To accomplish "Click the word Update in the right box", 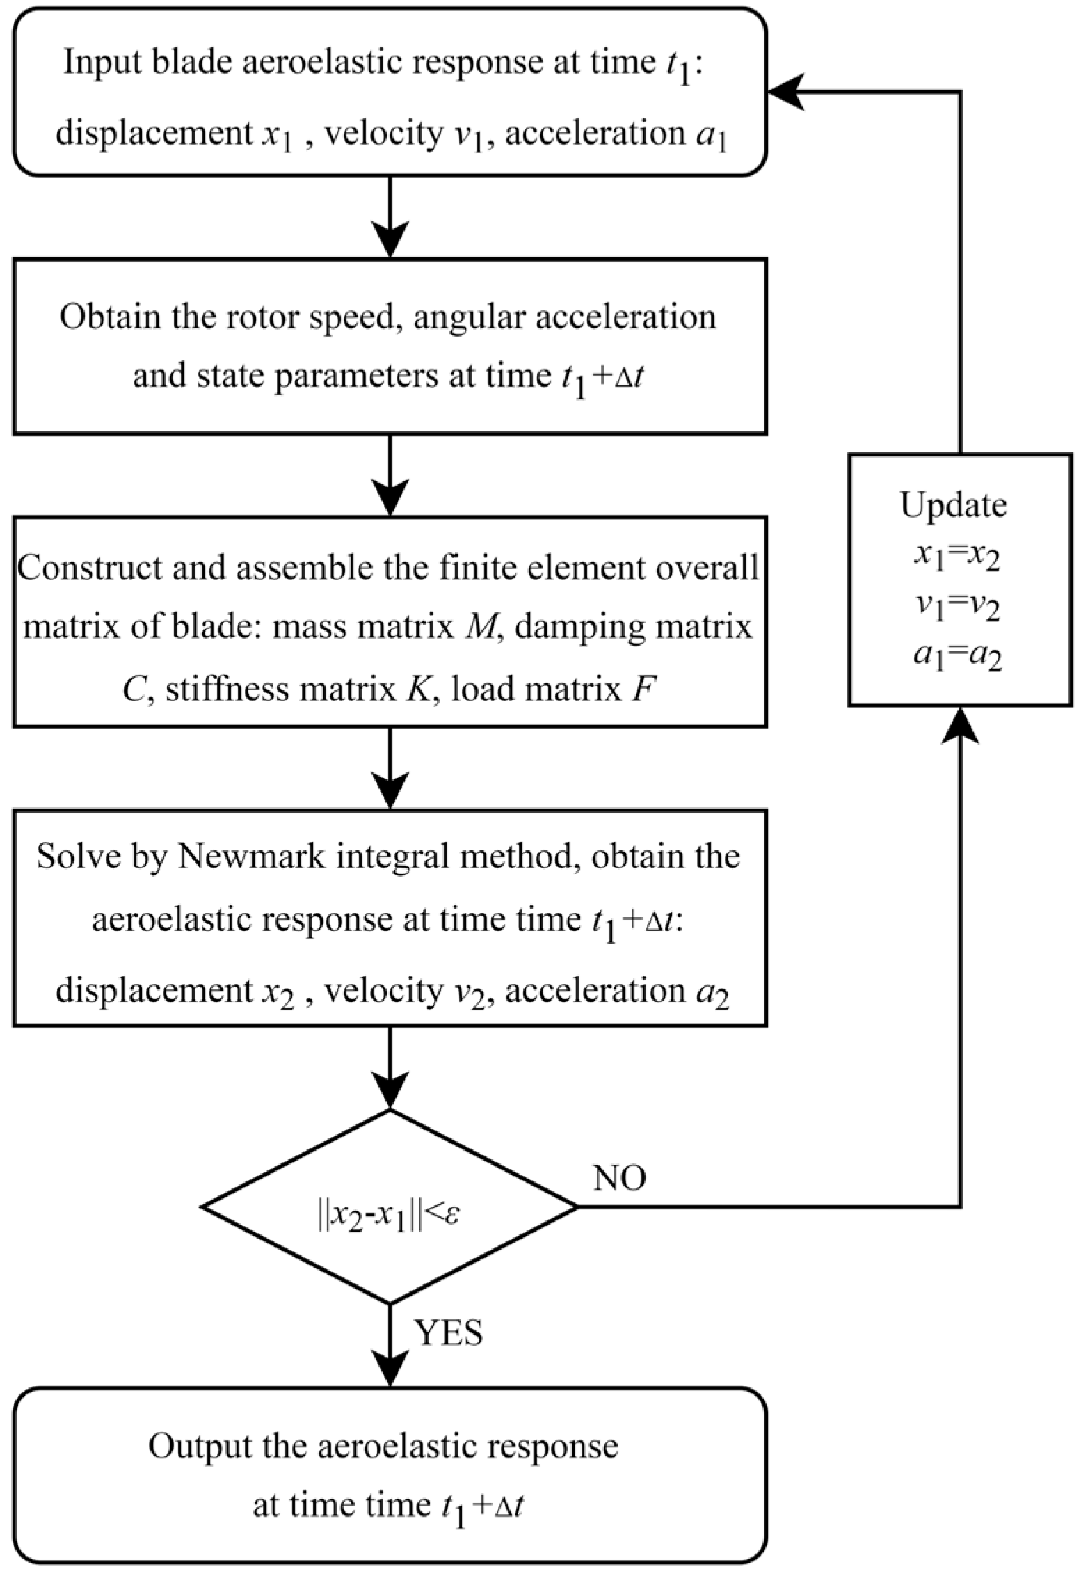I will point(953,506).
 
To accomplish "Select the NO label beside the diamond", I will point(619,1178).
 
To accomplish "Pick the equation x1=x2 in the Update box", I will point(957,559).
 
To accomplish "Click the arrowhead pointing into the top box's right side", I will point(785,92).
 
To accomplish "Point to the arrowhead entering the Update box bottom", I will point(960,724).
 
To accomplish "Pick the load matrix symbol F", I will point(641,690).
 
